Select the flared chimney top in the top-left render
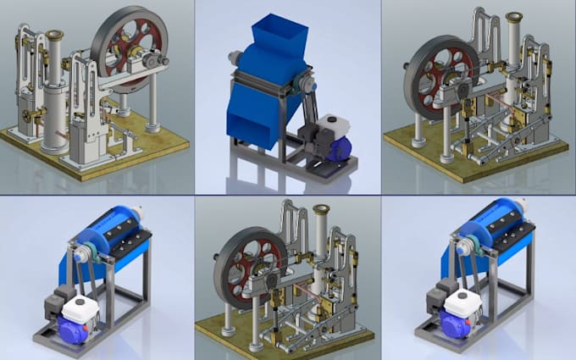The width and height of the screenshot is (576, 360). pyautogui.click(x=55, y=36)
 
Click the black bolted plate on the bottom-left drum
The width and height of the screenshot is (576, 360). pyautogui.click(x=132, y=234)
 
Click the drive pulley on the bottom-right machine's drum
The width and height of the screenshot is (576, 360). pyautogui.click(x=465, y=249)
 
